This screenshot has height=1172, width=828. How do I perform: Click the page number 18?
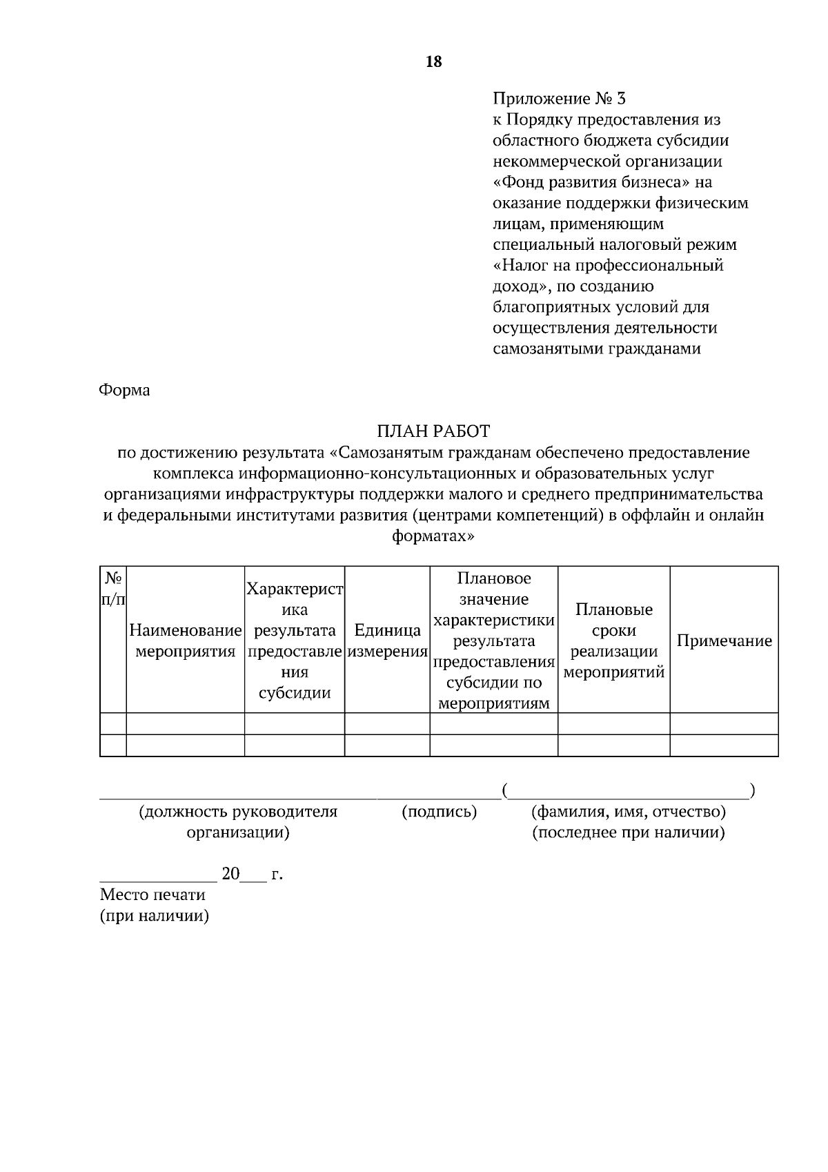(434, 62)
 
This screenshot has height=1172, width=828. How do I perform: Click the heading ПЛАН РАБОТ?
(433, 431)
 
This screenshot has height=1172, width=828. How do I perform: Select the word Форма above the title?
(125, 390)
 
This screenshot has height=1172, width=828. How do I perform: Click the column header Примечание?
(724, 641)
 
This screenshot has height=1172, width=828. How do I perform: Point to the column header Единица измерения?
(387, 641)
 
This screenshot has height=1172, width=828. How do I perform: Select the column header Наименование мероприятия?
(186, 641)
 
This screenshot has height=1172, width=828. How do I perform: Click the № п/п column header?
(113, 588)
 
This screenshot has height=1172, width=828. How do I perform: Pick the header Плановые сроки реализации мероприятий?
(614, 641)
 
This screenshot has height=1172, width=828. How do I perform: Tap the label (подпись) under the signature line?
(440, 811)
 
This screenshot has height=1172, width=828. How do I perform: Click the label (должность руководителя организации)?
(238, 821)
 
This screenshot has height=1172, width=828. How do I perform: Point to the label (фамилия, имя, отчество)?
(628, 811)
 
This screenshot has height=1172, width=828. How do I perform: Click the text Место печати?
(152, 895)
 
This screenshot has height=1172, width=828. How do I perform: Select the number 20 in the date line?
(230, 875)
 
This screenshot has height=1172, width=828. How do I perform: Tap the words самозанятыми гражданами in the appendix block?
(597, 349)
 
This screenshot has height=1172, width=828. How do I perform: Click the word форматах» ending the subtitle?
(433, 536)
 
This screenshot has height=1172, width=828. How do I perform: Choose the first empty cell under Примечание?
(724, 723)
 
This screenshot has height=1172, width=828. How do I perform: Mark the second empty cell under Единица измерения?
(387, 745)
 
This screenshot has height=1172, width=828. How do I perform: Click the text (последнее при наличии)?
(628, 832)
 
